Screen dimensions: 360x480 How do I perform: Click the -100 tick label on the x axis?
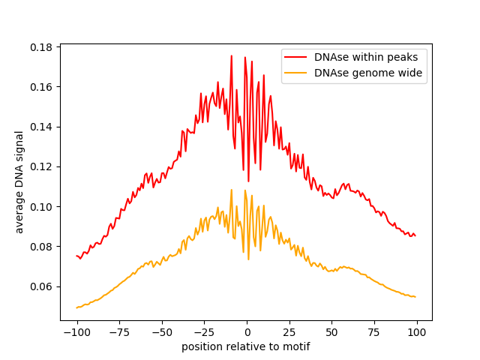[76, 332]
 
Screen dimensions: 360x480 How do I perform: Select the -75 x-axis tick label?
[119, 332]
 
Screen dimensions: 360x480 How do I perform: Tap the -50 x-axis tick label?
[162, 332]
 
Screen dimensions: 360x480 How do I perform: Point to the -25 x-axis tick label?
[204, 332]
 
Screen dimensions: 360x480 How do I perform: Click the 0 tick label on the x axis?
[247, 332]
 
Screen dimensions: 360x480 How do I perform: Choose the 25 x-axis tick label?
[289, 332]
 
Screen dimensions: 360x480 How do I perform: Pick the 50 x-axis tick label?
[332, 332]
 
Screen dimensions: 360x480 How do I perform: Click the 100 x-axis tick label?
[417, 332]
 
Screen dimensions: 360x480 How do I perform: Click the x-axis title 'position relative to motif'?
[246, 346]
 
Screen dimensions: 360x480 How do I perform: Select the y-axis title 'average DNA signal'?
[19, 182]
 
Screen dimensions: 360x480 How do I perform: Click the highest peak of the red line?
[231, 55]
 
